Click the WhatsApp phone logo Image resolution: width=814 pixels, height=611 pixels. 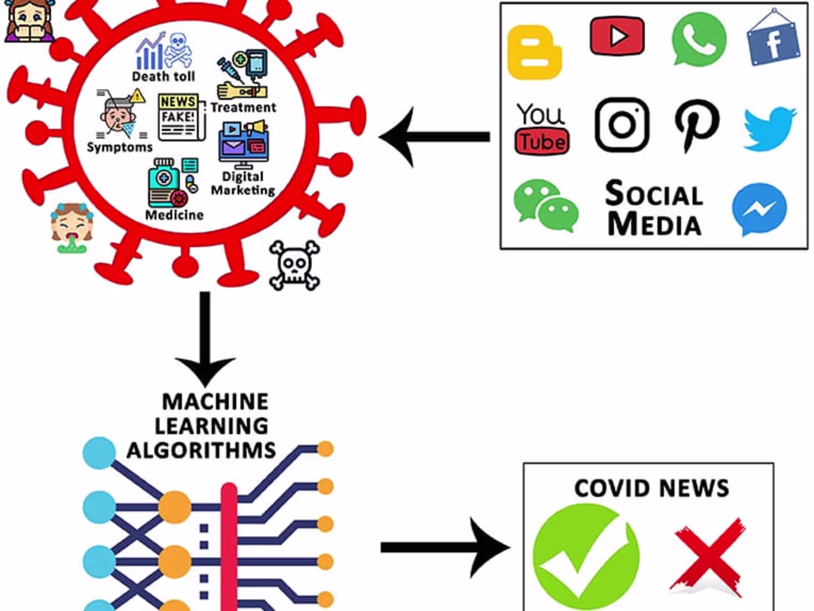point(698,39)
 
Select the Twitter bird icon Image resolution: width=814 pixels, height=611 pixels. point(770,128)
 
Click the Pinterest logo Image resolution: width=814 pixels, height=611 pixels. point(697,125)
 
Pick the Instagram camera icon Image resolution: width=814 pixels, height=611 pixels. point(622,124)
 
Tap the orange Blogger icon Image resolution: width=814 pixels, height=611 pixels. point(534,52)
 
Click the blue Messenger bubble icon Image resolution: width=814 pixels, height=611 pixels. point(759,209)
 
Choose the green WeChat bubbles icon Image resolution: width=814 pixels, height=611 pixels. point(545,206)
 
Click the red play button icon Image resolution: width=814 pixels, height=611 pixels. point(617,36)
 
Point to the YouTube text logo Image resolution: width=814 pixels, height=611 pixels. point(542,129)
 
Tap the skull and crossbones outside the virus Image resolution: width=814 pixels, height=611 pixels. point(294,265)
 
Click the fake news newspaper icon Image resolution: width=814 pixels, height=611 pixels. point(179,117)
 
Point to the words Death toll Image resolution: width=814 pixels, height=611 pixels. point(163,77)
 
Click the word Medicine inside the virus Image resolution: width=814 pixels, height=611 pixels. point(174,215)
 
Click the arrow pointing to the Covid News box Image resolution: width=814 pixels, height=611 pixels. point(445,547)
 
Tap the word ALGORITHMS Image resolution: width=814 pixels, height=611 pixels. point(201,451)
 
